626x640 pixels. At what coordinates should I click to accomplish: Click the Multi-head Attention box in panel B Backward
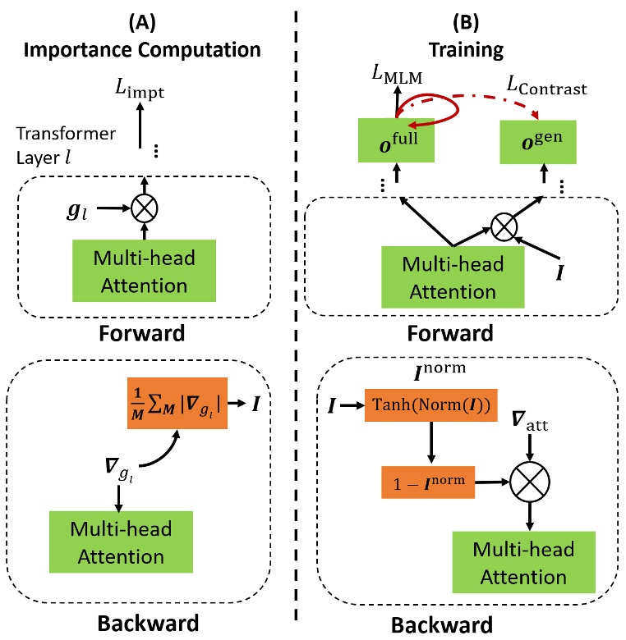point(513,563)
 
